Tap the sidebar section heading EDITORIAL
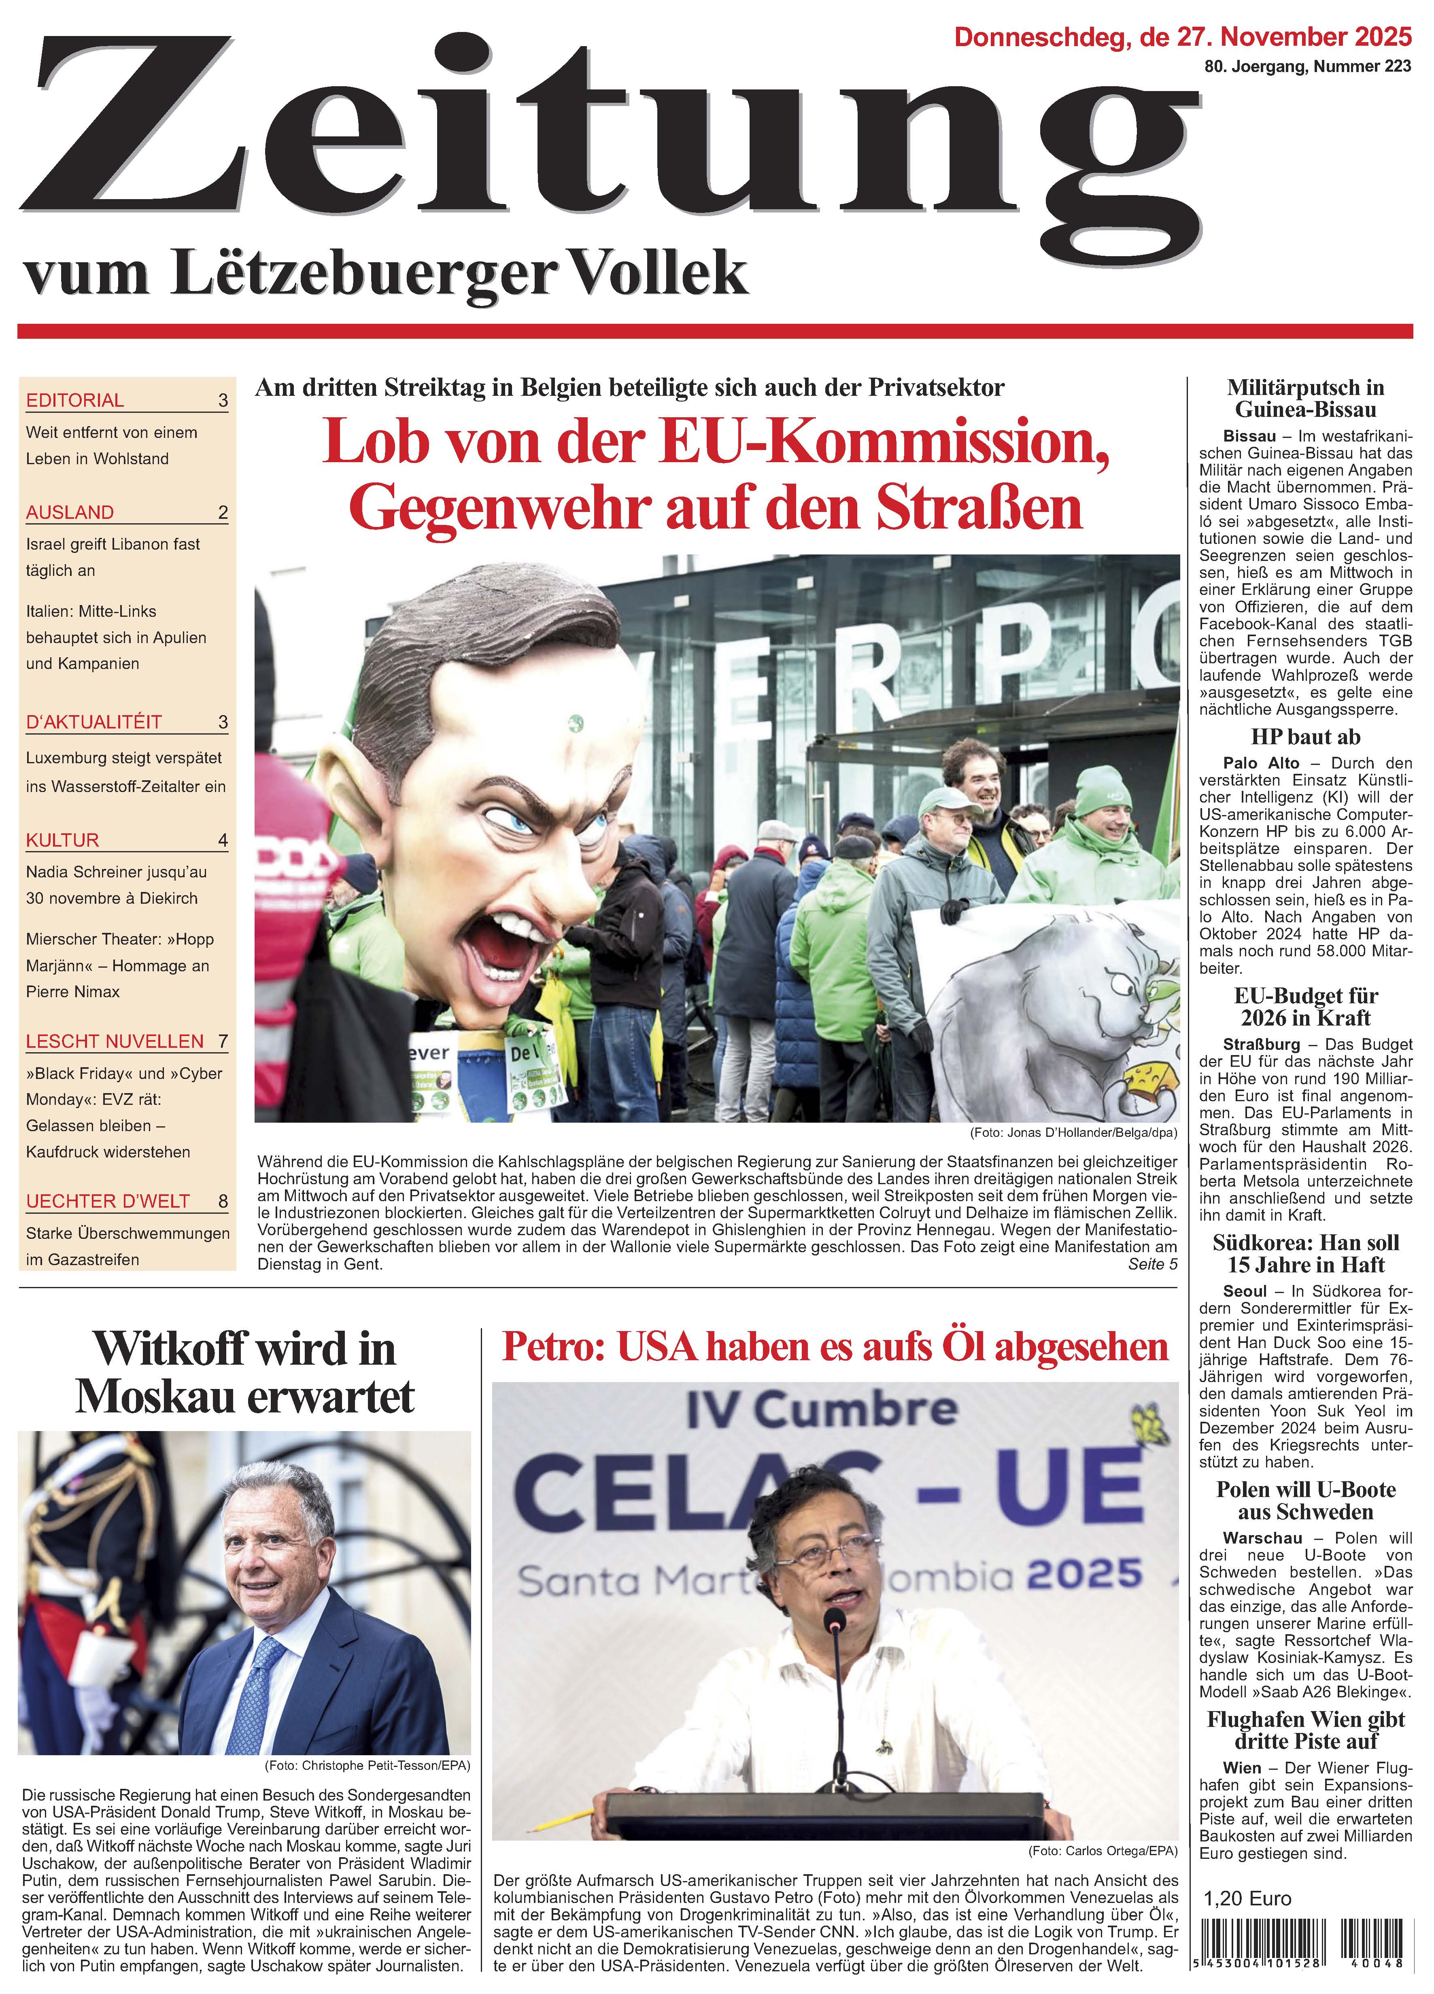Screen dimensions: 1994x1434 pyautogui.click(x=75, y=400)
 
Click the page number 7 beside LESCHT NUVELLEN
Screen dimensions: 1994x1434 pyautogui.click(x=223, y=1041)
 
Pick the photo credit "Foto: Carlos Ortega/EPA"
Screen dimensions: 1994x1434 pyautogui.click(x=1102, y=1851)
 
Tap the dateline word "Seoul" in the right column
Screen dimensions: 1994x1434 pyautogui.click(x=1244, y=1291)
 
